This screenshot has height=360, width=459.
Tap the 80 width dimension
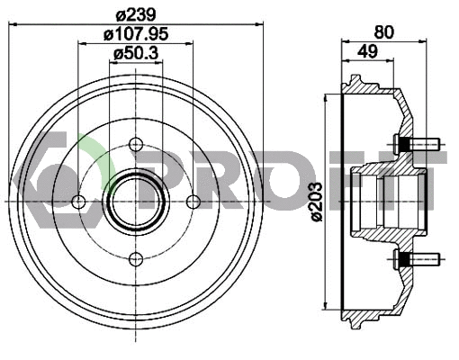point(383,31)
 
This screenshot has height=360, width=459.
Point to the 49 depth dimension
point(366,52)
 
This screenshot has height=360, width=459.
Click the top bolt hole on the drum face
point(136,144)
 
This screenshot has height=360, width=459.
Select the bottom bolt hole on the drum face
point(136,260)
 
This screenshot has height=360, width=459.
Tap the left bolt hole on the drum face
point(78,202)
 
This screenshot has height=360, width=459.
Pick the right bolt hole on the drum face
point(193,202)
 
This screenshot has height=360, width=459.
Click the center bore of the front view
point(136,202)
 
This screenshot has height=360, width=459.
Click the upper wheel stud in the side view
point(415,144)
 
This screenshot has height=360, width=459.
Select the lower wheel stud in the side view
point(415,260)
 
